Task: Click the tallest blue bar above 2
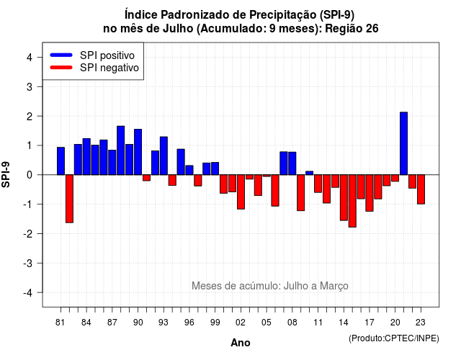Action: (403, 143)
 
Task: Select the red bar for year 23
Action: (421, 189)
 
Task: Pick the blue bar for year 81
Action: (61, 161)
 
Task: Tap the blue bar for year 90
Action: (138, 152)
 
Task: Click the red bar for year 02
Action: (241, 192)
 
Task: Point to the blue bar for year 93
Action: (164, 156)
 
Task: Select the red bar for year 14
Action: (344, 197)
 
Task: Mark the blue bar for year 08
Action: (292, 163)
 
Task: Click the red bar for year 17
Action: (370, 193)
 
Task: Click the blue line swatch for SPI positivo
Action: (61, 55)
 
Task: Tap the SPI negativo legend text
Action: (109, 68)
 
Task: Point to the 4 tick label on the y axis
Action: (30, 58)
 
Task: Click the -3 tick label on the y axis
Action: (27, 263)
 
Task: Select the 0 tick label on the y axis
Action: (30, 175)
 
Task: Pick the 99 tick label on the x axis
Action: (215, 323)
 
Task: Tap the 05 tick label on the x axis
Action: (267, 323)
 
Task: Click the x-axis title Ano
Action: (241, 343)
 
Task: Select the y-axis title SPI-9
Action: (6, 174)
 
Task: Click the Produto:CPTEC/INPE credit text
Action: (394, 338)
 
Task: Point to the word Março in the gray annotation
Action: (334, 286)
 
